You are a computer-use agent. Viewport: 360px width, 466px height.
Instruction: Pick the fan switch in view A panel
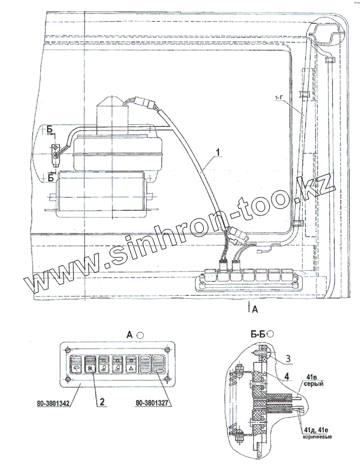89,365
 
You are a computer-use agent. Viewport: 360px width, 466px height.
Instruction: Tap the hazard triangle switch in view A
131,365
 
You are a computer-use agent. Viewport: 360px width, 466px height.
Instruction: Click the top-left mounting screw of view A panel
66,349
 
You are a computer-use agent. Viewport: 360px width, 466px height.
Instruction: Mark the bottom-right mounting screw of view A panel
168,382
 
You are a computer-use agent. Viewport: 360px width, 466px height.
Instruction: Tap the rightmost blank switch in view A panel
159,365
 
